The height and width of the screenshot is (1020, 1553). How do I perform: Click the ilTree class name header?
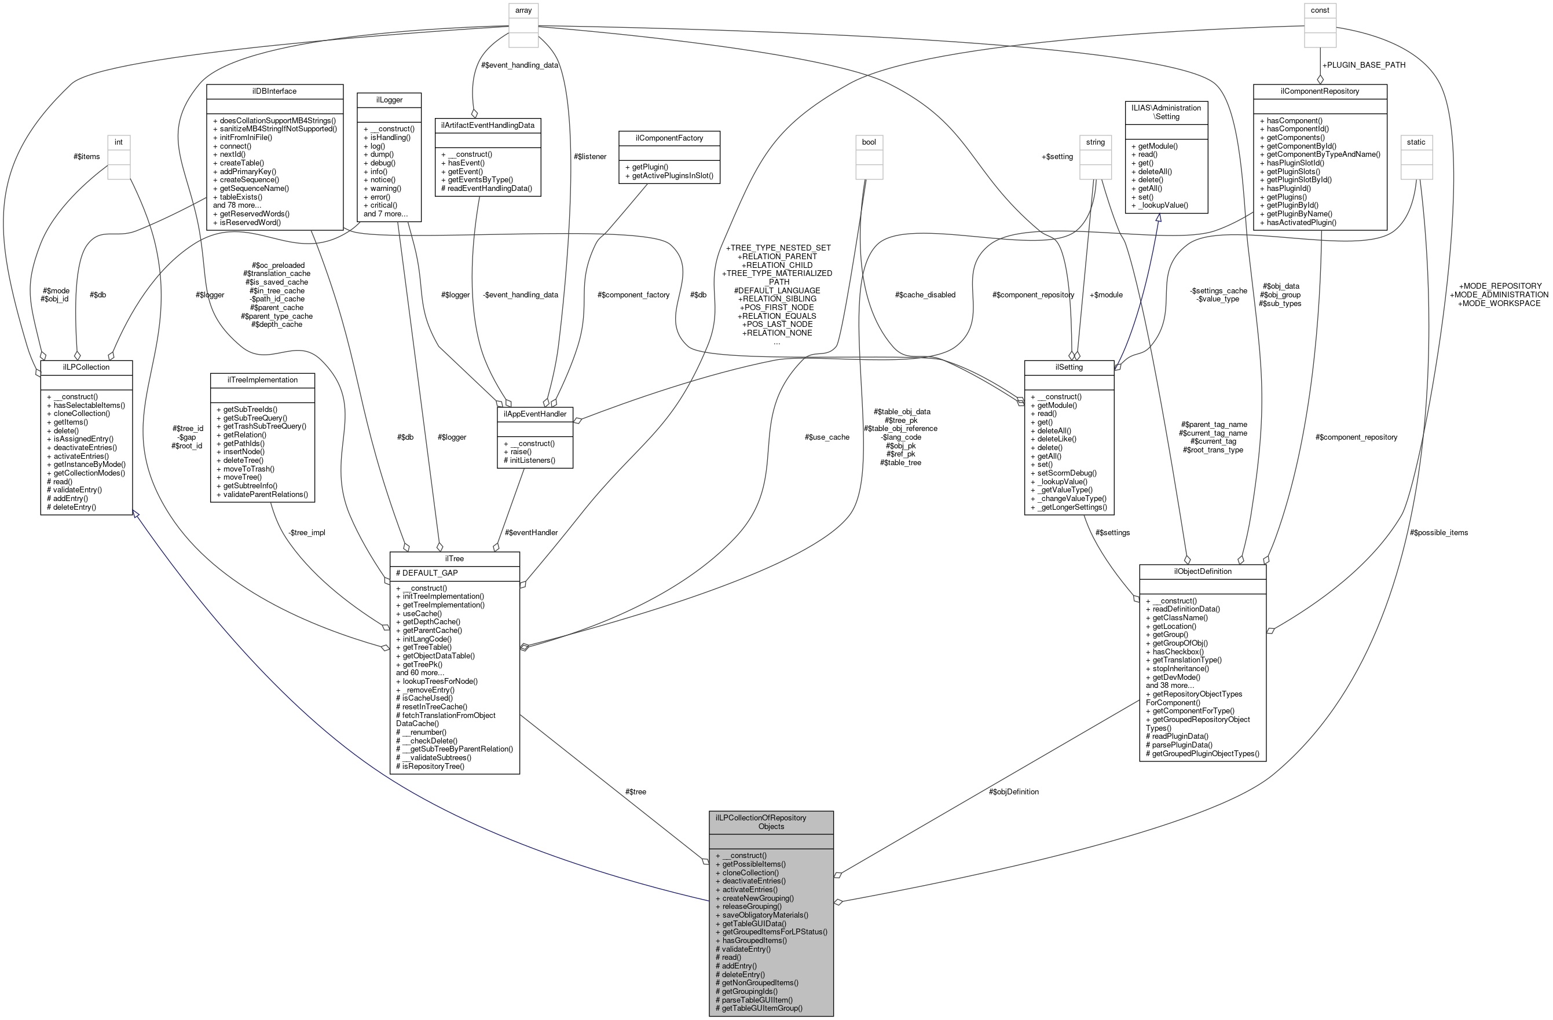[x=454, y=558]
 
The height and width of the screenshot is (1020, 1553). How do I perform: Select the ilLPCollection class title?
[x=86, y=367]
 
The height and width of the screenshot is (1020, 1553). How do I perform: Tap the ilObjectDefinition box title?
[x=1202, y=571]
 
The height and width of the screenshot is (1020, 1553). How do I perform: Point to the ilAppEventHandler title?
[x=534, y=414]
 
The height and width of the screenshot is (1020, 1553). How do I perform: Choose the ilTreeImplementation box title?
[x=262, y=380]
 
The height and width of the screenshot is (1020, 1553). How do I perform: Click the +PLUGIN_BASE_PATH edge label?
[x=1362, y=65]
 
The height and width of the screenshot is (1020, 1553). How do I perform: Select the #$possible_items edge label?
[x=1438, y=533]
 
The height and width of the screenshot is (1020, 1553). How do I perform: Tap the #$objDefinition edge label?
[x=1013, y=791]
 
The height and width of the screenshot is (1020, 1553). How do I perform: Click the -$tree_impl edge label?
[x=306, y=533]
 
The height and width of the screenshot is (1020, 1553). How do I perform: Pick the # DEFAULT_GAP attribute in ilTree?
[x=427, y=573]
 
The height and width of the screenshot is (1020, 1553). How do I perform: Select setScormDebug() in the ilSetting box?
[x=1063, y=473]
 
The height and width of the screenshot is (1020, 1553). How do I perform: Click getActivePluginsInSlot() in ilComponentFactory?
[x=668, y=176]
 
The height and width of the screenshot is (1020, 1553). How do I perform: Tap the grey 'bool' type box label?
[x=869, y=142]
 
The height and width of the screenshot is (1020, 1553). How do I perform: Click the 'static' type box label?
[x=1415, y=142]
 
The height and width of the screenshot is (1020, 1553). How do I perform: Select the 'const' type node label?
[x=1320, y=10]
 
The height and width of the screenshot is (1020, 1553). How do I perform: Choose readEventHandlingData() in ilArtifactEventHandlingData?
[x=486, y=189]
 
